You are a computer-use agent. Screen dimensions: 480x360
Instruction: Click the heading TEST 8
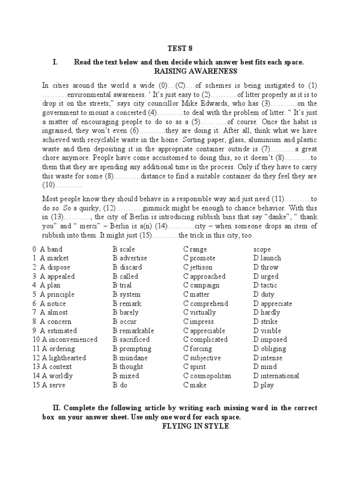(180, 48)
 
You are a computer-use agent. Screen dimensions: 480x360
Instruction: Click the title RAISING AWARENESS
(196, 71)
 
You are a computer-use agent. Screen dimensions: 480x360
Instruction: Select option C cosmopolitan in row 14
(207, 376)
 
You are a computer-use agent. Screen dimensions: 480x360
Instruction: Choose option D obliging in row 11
(270, 349)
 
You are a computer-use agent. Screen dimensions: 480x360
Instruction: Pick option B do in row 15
(120, 385)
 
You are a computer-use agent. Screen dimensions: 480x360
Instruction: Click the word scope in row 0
(262, 249)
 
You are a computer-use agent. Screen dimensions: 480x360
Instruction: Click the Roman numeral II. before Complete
(60, 408)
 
